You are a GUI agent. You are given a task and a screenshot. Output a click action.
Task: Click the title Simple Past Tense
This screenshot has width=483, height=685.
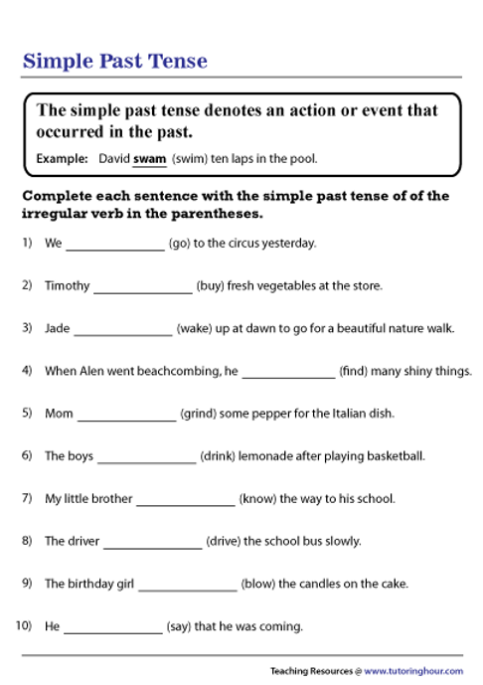coord(115,61)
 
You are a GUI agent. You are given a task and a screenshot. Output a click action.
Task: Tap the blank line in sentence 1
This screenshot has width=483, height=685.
coord(115,248)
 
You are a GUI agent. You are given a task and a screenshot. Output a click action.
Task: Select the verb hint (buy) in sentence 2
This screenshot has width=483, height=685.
coord(210,285)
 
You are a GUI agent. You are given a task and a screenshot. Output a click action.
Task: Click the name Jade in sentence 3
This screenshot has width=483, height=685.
coord(57,327)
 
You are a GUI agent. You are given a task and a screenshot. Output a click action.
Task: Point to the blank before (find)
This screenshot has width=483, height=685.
coord(288,376)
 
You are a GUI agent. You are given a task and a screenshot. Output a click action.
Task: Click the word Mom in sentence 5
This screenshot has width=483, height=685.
coord(59,413)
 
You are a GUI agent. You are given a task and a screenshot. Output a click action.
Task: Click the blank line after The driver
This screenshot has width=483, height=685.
coord(152,547)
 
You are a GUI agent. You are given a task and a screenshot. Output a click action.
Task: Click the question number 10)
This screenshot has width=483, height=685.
coord(25,626)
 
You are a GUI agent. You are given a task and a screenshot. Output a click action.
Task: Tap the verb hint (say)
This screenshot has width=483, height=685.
coord(184,626)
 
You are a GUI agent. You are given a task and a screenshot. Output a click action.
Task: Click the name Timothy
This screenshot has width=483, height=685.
coord(67,285)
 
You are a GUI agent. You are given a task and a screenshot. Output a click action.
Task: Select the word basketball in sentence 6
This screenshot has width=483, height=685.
coord(398,456)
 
